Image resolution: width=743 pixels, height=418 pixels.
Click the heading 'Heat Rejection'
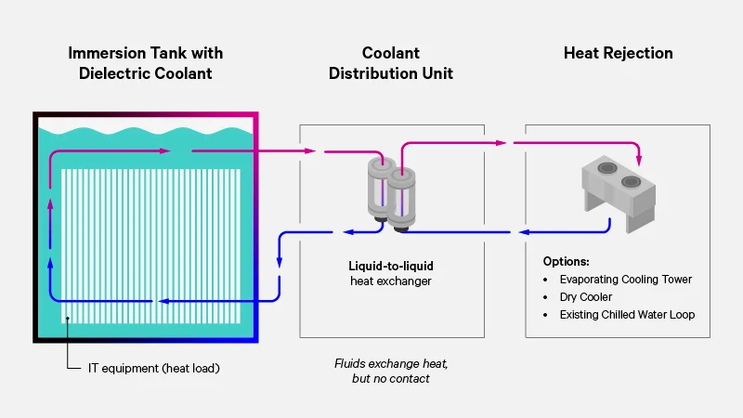[618, 53]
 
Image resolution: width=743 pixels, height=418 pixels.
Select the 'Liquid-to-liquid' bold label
[390, 265]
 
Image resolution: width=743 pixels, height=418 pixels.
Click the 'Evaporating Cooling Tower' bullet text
[625, 280]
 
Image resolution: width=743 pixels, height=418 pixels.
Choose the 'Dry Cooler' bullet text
[585, 297]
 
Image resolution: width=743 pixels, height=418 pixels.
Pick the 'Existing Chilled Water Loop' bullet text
[627, 315]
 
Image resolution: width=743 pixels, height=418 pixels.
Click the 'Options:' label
[567, 261]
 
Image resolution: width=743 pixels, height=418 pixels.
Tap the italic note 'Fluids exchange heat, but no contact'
[390, 371]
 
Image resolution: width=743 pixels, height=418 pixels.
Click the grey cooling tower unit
[618, 190]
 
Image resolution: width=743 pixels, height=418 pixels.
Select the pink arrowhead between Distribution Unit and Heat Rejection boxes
[502, 143]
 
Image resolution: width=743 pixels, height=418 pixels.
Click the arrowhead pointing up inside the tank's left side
[49, 187]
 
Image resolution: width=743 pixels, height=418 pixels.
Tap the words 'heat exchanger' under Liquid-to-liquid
[390, 281]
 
